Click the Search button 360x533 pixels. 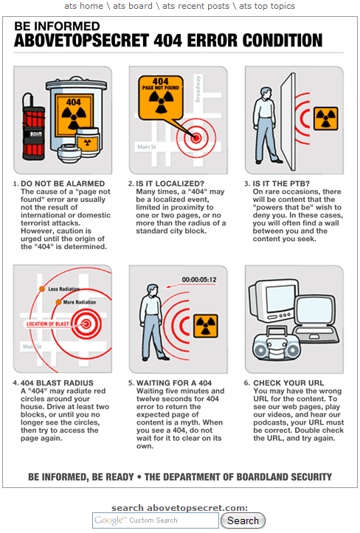243,520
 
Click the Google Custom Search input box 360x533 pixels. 156,520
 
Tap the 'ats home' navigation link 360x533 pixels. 83,6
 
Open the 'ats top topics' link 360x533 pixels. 267,6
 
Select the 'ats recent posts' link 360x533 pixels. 195,6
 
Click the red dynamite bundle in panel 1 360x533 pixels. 33,128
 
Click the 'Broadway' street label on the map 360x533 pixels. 198,88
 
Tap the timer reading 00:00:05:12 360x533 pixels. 199,279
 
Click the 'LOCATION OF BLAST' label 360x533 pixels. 48,324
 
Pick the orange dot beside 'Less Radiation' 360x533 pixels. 42,289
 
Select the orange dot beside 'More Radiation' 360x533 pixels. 58,302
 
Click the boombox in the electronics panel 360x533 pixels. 277,345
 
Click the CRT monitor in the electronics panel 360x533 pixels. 273,301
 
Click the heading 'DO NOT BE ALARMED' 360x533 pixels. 63,184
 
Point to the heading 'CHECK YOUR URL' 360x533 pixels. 288,383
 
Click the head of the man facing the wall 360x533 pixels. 265,91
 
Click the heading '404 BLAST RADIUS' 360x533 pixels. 57,383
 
